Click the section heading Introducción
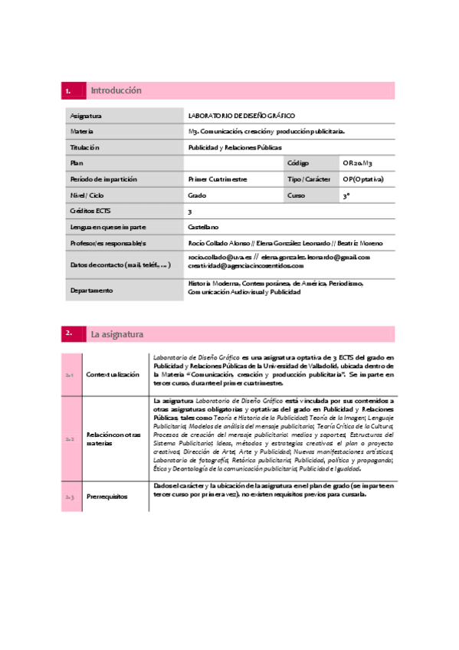click(x=116, y=90)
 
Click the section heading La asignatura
click(x=116, y=333)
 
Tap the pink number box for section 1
click(x=74, y=90)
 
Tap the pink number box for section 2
click(x=74, y=333)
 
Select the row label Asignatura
click(x=86, y=115)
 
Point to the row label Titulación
click(x=85, y=147)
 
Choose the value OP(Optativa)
click(x=363, y=179)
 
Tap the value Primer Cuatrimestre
click(x=218, y=179)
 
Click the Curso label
click(x=297, y=195)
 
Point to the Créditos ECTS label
click(x=90, y=211)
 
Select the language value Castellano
click(x=203, y=227)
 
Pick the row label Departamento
click(x=92, y=291)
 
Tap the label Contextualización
click(x=113, y=374)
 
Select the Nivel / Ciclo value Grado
click(x=197, y=195)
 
